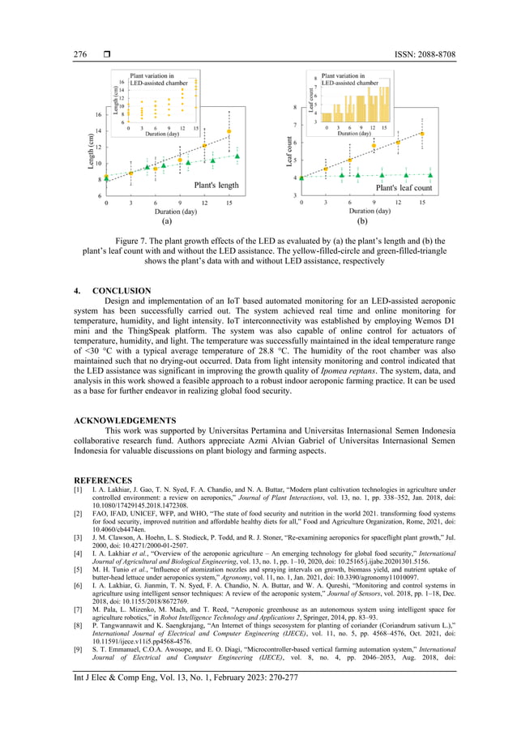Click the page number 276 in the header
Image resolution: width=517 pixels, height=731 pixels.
[x=80, y=54]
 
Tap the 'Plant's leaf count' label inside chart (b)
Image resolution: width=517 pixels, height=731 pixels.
[x=404, y=187]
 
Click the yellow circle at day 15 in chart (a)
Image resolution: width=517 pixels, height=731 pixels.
[x=229, y=130]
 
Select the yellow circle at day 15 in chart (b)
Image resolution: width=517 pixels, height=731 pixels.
[x=421, y=134]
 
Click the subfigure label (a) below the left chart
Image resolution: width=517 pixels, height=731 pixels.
[x=167, y=220]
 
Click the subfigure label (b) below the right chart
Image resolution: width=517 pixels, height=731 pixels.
[x=361, y=220]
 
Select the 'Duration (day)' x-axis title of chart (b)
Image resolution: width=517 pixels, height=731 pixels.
[x=362, y=211]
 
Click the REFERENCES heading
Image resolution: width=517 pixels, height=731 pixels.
[x=103, y=480]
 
